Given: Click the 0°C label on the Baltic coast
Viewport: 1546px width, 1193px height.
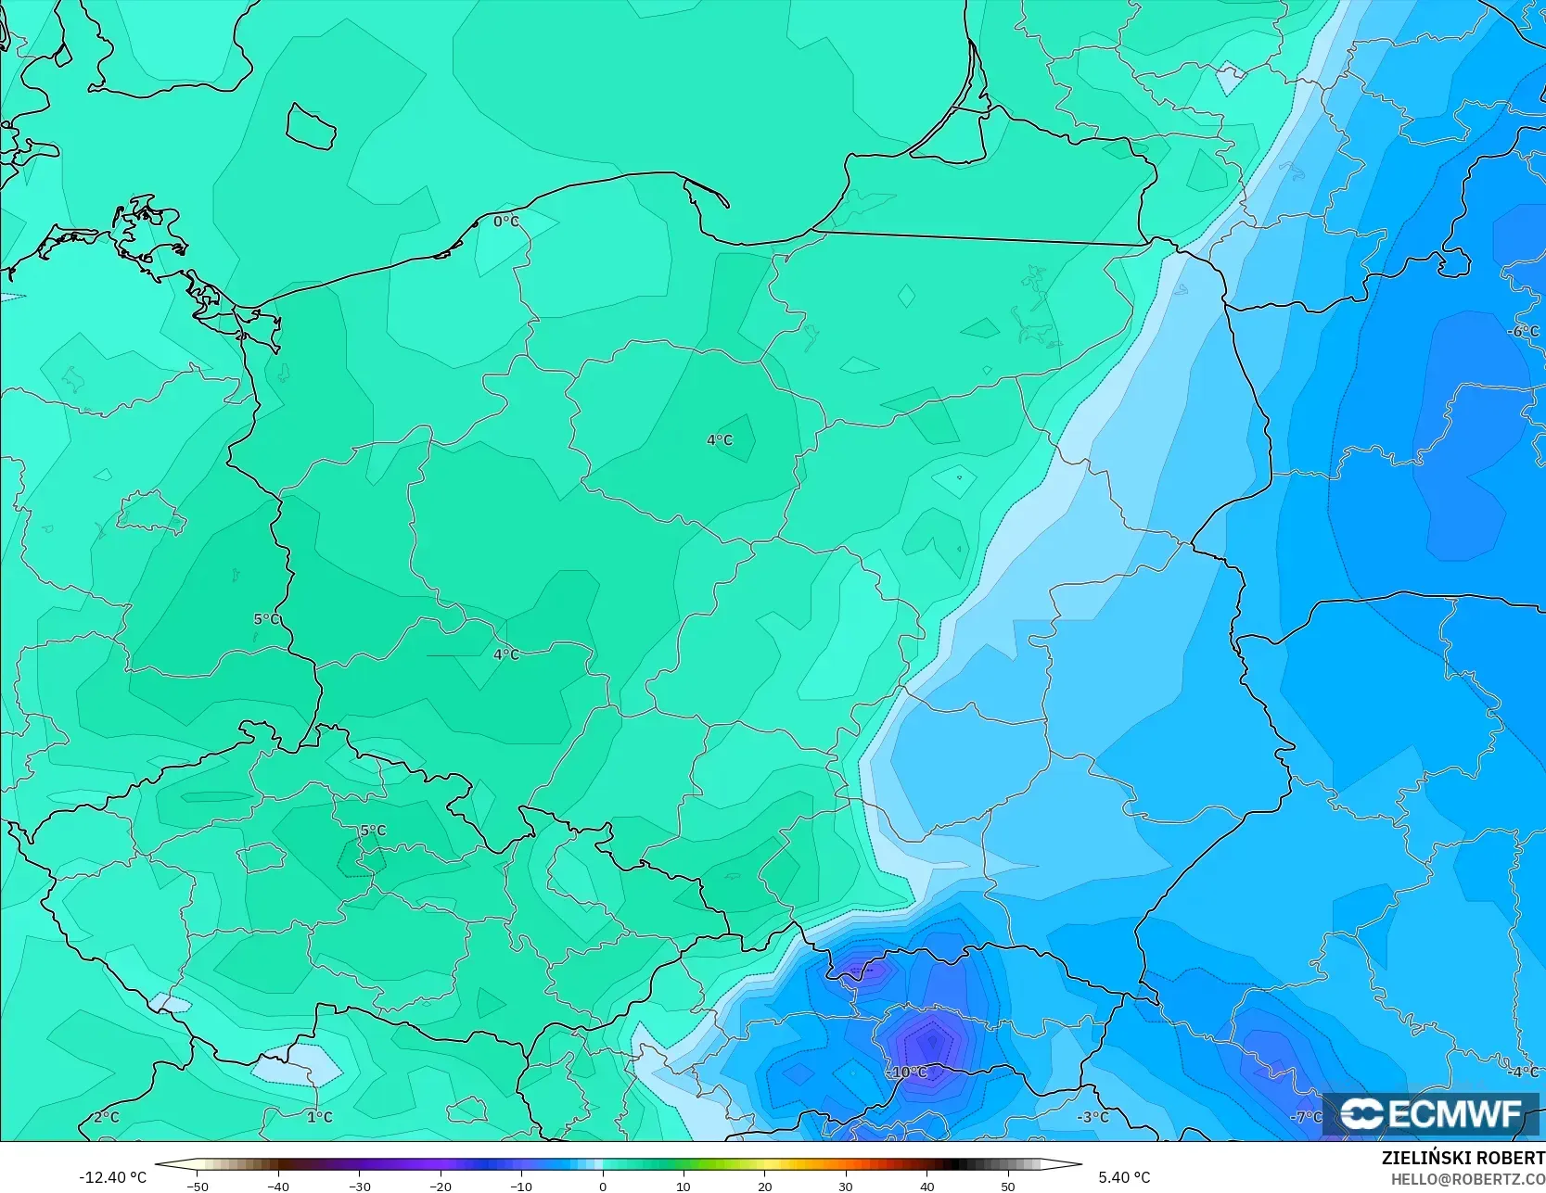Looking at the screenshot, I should (x=506, y=222).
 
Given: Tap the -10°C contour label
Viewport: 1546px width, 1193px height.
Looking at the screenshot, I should (x=908, y=1072).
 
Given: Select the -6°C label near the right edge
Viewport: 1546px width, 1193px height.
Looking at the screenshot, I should (x=1523, y=332).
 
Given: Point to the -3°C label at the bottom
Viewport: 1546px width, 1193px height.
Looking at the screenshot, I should (x=1092, y=1117).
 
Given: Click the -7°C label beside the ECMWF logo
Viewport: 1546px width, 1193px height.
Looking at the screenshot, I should (x=1306, y=1117).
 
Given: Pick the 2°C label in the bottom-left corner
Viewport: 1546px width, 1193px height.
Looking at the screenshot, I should (x=106, y=1117).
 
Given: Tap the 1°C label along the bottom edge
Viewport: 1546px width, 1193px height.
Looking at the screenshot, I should (x=319, y=1117).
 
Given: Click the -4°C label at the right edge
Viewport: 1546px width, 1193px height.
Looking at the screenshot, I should (x=1523, y=1072).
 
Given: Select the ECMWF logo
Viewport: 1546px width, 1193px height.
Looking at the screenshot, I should (x=1431, y=1114).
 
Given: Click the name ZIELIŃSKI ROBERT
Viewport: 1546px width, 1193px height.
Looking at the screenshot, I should (x=1463, y=1159).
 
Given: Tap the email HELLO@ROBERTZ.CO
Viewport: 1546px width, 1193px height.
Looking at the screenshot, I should (x=1467, y=1178).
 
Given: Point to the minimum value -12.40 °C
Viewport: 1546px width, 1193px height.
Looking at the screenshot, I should (x=112, y=1177).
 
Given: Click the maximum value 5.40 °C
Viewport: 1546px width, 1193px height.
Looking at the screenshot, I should (x=1124, y=1177).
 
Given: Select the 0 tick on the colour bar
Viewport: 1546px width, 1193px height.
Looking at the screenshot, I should (x=602, y=1187).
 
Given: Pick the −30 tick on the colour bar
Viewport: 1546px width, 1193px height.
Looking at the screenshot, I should (x=359, y=1187).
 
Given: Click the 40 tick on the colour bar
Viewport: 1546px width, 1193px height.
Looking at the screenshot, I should (x=926, y=1187).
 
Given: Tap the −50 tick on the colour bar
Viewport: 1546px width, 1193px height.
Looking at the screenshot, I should (x=197, y=1187).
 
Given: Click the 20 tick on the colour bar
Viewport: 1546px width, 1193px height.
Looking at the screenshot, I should (x=764, y=1187).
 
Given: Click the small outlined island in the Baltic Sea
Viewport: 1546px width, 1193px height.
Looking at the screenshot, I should (x=310, y=126).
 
